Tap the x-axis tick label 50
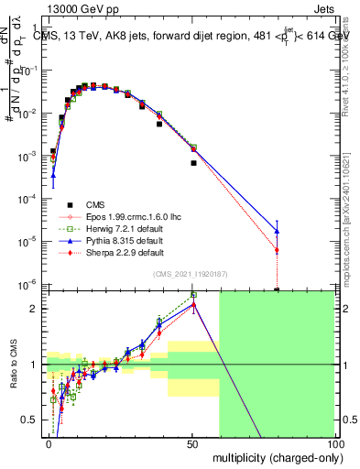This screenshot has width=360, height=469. coord(192,443)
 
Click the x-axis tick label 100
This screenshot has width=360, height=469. coord(333,443)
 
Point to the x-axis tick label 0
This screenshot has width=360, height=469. coord(49,443)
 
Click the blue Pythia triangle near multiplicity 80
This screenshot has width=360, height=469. coord(277,231)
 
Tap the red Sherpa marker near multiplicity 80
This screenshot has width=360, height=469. coord(277,250)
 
